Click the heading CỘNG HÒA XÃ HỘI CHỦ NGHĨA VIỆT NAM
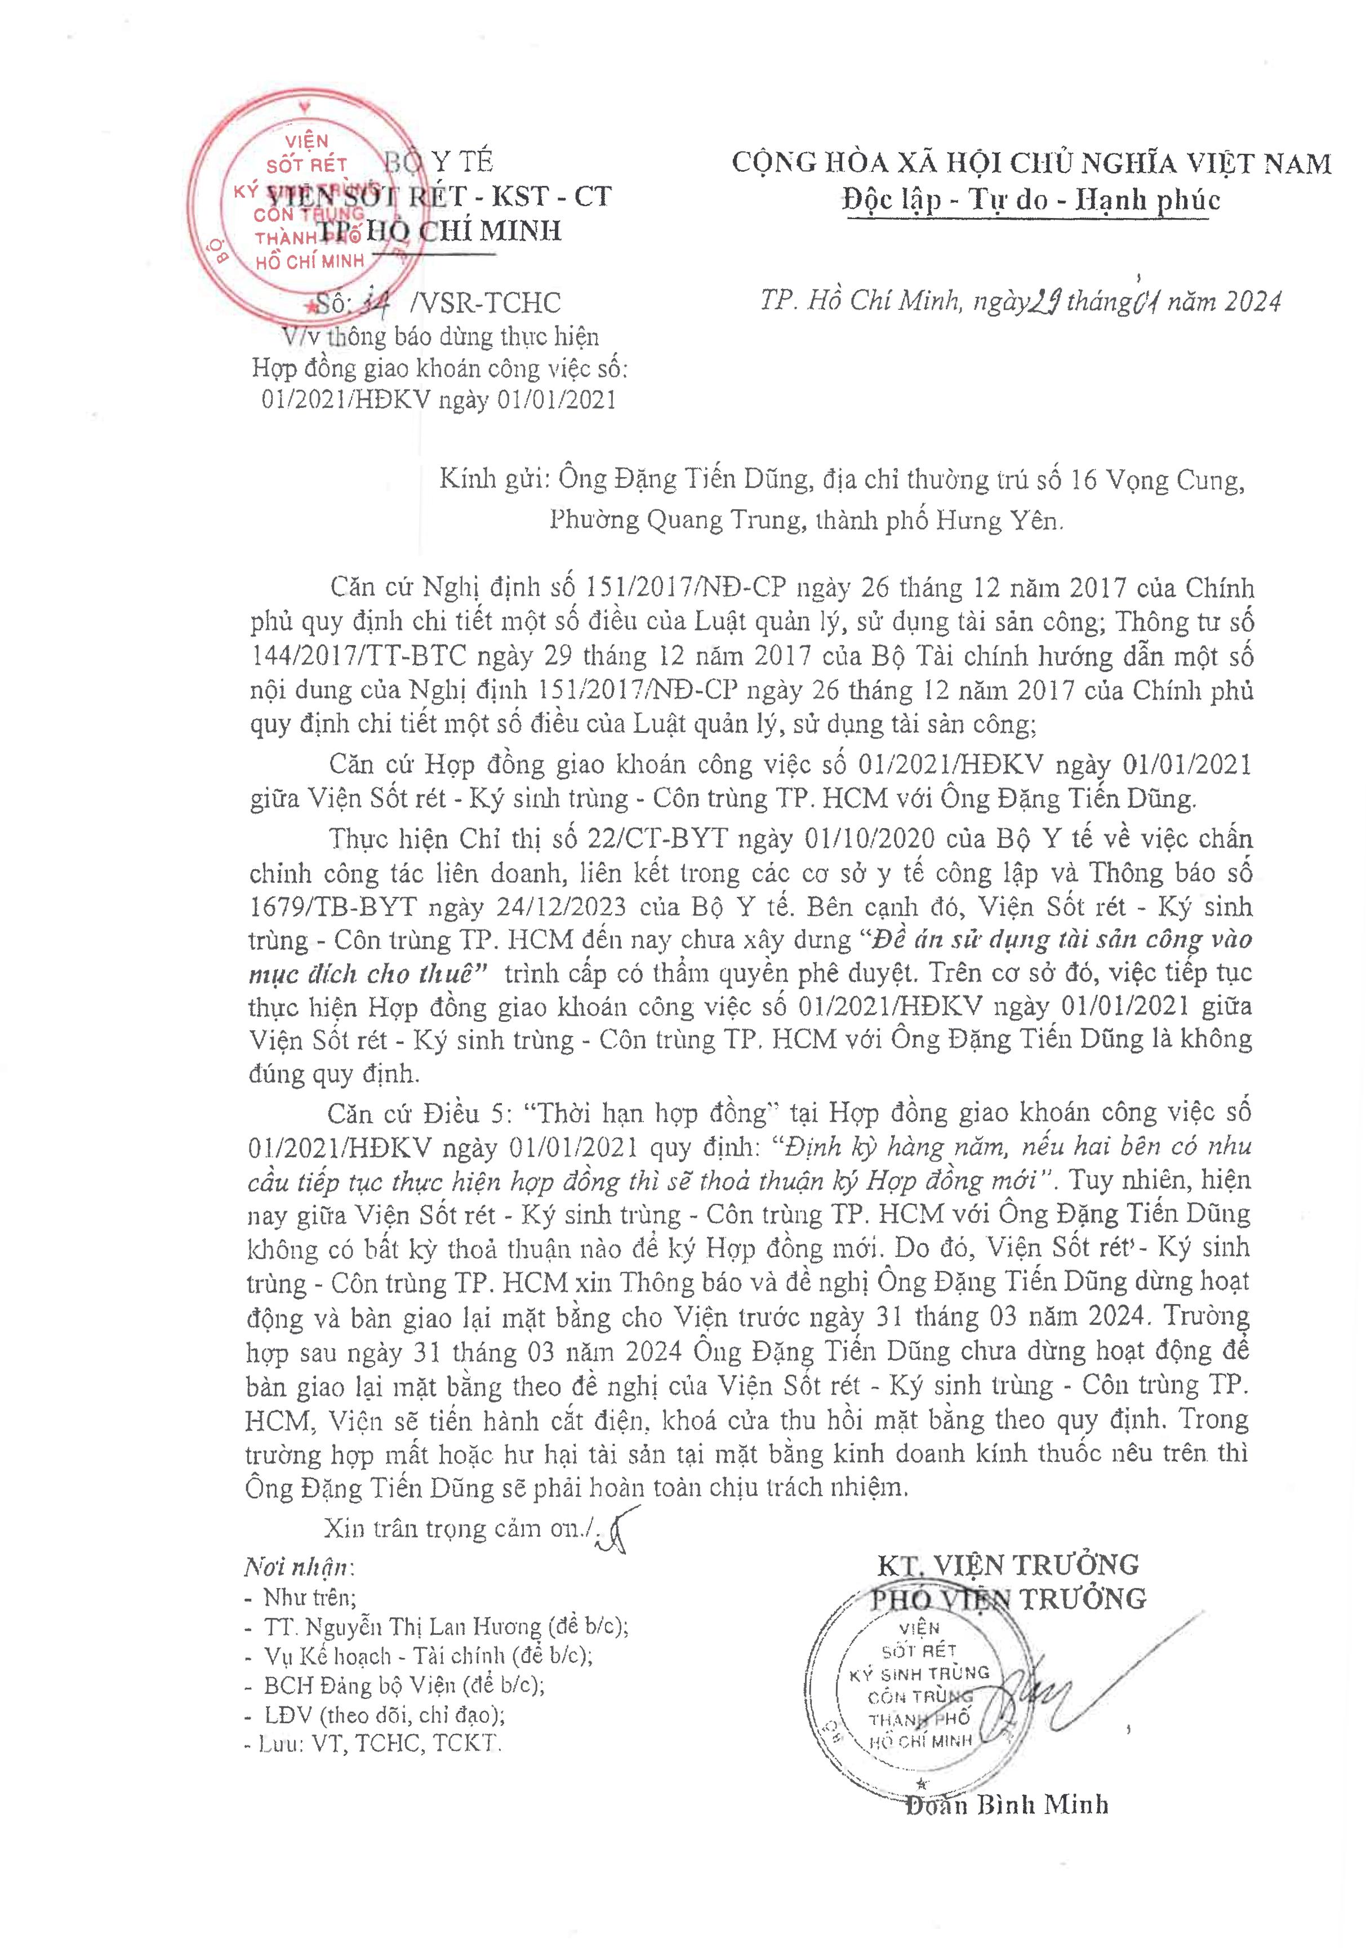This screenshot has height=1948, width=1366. (1031, 163)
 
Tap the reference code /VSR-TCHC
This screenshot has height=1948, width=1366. (484, 303)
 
